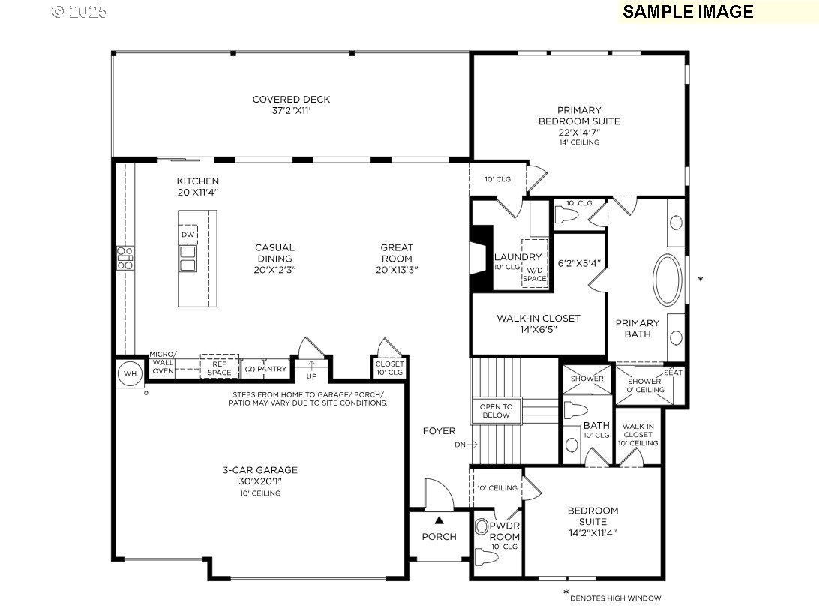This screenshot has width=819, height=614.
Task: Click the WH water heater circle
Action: (130, 373)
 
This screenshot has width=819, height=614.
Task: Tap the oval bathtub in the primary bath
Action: (667, 280)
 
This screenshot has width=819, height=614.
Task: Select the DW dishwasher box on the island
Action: (187, 235)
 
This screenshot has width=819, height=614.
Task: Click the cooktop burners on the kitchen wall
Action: (124, 258)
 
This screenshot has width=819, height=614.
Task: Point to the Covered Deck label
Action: (291, 105)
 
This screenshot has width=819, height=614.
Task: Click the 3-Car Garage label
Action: (259, 475)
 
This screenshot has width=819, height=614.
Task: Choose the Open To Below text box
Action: (496, 410)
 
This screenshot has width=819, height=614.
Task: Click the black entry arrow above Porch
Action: (439, 520)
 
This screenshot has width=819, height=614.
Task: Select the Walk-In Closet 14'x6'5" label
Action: (538, 323)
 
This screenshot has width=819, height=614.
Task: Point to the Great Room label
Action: (396, 258)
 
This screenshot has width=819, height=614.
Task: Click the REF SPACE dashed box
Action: (219, 367)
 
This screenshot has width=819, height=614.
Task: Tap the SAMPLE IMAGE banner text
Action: (688, 11)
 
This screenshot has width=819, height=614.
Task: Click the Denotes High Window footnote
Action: (613, 597)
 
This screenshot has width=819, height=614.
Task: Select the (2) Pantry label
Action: (265, 369)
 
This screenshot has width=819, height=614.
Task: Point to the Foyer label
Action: (439, 431)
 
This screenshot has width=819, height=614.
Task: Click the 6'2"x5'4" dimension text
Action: (579, 263)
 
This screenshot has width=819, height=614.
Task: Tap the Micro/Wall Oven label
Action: (163, 363)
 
